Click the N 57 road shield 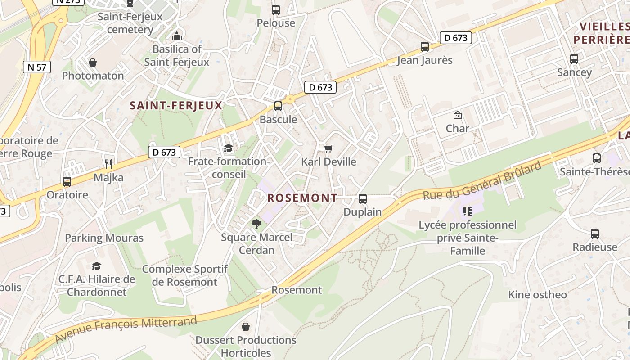tap(37, 67)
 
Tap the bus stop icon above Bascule tap(278, 106)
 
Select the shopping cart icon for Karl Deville tap(328, 148)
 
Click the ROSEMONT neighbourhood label tap(302, 198)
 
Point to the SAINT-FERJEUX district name tap(176, 106)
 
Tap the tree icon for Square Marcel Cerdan tap(256, 224)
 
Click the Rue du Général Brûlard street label tap(481, 181)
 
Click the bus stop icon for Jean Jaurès tap(425, 46)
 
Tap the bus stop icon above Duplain tap(363, 198)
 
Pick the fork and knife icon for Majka tap(108, 164)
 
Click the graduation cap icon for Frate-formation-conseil tap(229, 148)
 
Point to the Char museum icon tap(458, 115)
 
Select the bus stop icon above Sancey tap(574, 58)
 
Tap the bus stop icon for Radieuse tap(595, 234)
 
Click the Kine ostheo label tap(537, 295)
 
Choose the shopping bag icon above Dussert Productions tap(246, 326)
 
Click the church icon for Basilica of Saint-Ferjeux tap(177, 36)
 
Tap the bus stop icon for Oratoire tap(67, 182)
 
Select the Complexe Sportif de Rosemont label tap(184, 275)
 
